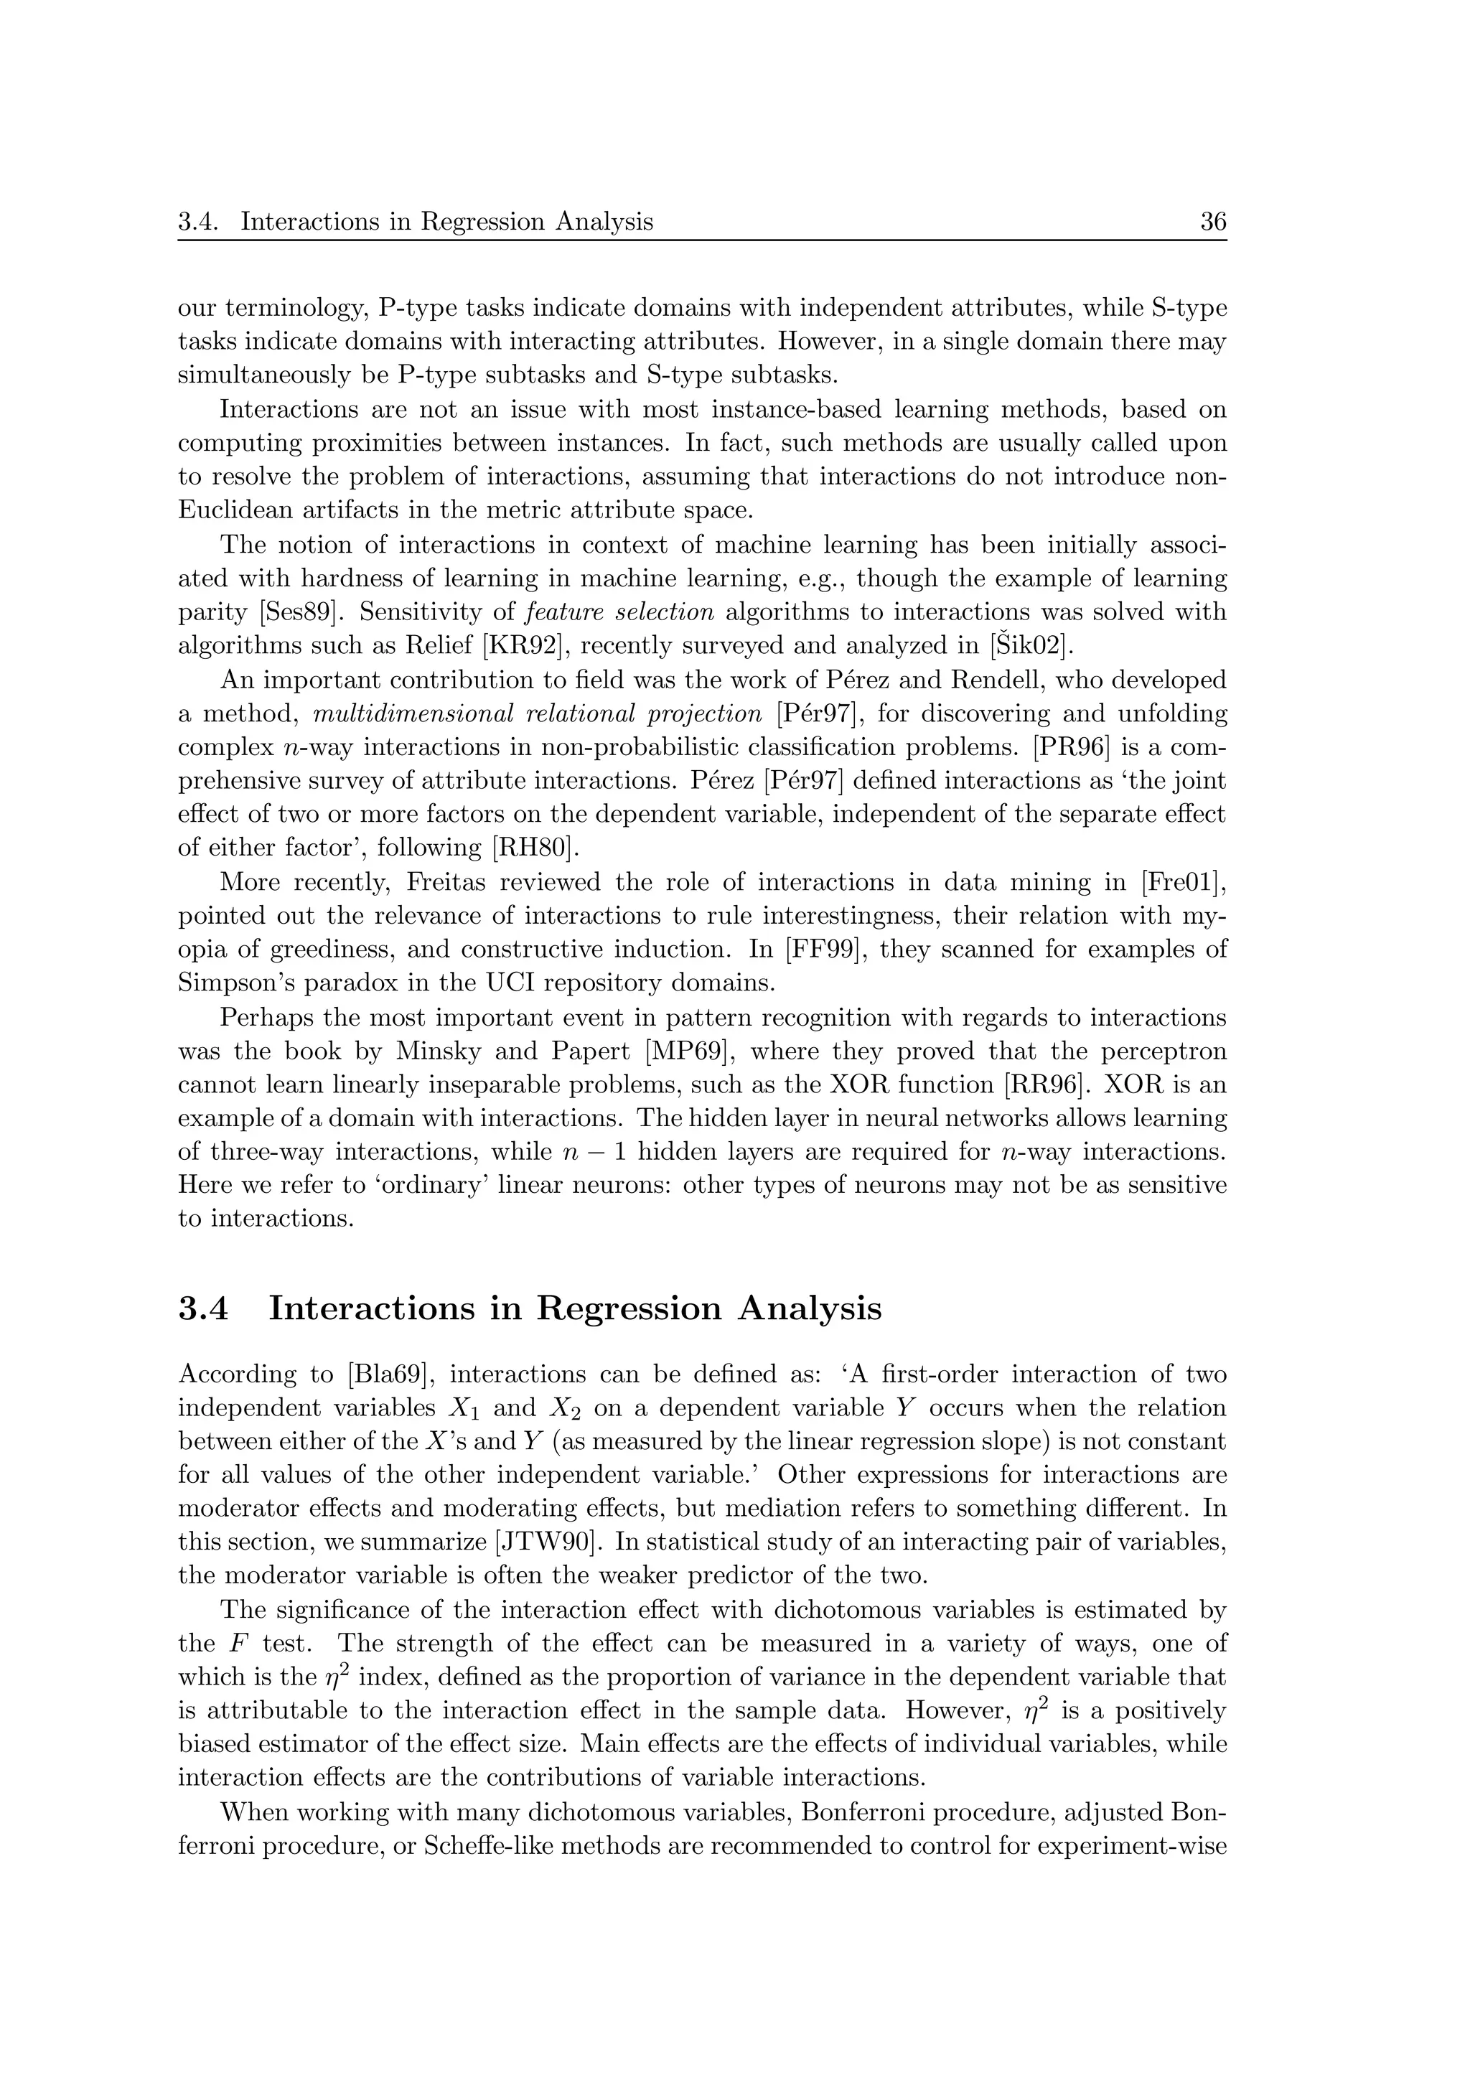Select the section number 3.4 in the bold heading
[204, 1309]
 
